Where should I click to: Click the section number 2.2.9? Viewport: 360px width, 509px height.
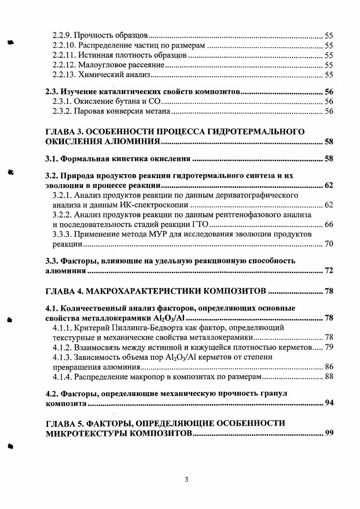[x=62, y=35]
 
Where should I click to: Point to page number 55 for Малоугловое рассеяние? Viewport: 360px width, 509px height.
[x=329, y=65]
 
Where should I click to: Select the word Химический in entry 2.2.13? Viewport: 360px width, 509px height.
[x=95, y=75]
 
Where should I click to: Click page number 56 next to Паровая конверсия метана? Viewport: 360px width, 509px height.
[x=329, y=112]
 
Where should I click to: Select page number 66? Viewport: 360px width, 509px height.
[x=329, y=225]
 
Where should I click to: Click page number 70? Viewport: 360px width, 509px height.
[x=329, y=244]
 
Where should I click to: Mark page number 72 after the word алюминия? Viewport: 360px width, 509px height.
[x=329, y=271]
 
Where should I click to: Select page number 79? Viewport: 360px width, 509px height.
[x=329, y=347]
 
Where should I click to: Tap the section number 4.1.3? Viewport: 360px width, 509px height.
[x=62, y=357]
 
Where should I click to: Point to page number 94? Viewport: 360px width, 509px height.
[x=329, y=403]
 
